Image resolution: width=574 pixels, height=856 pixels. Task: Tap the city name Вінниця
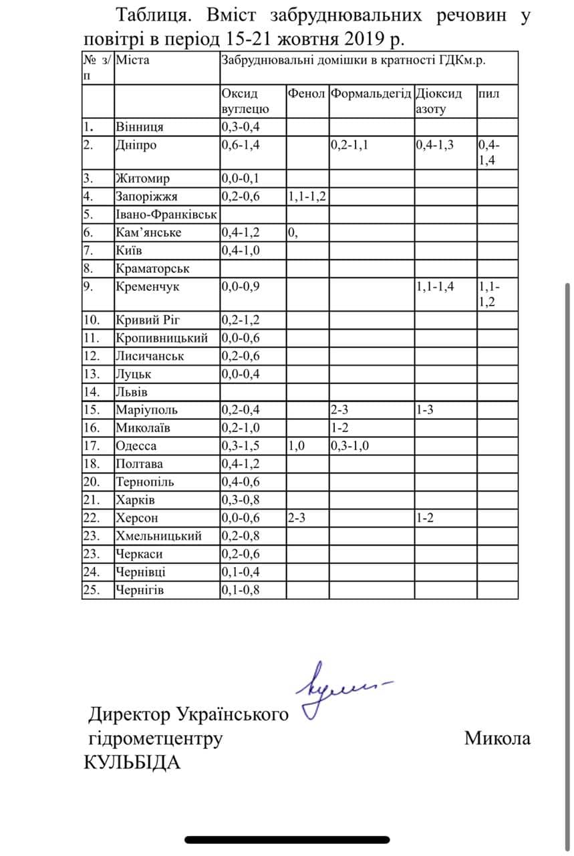point(139,127)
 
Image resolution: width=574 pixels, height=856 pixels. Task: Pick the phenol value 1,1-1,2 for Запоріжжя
point(307,197)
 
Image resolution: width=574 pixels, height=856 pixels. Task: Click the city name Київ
point(130,251)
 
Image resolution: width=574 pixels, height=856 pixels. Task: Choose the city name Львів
point(132,392)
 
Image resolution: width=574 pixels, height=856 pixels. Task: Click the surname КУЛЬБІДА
point(132,762)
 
